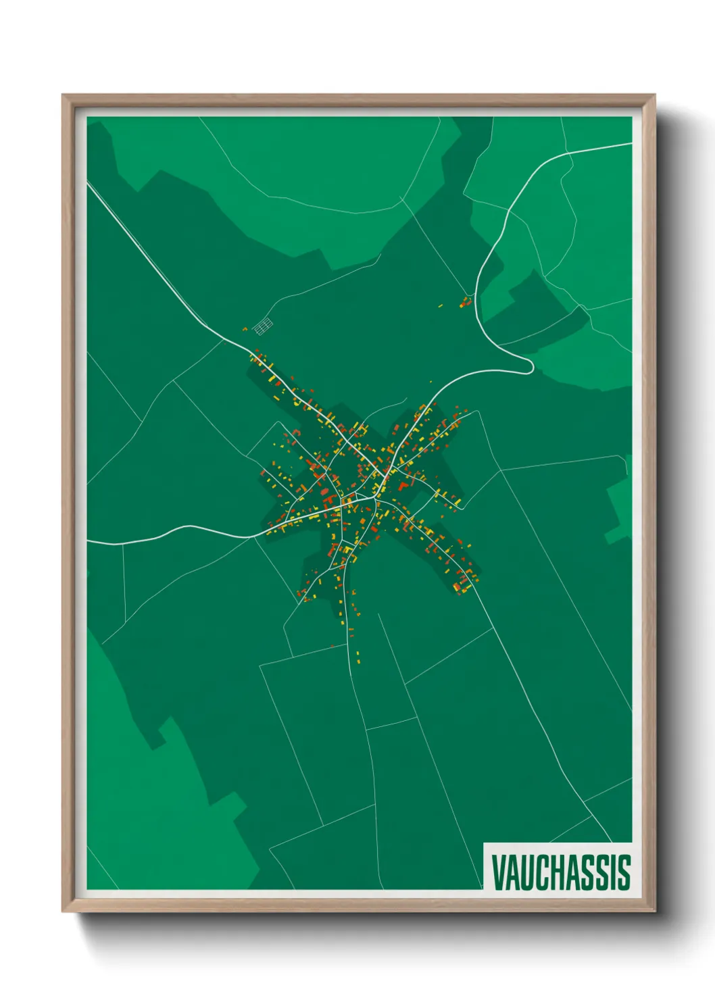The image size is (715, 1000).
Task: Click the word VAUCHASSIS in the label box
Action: (560, 872)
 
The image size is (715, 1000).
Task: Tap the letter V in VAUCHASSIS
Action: (499, 872)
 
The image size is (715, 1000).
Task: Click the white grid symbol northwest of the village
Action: (263, 326)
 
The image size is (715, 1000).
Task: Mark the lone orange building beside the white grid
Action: (245, 329)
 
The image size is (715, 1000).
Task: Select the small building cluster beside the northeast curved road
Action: (465, 301)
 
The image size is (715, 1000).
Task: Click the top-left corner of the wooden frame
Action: (63, 95)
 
